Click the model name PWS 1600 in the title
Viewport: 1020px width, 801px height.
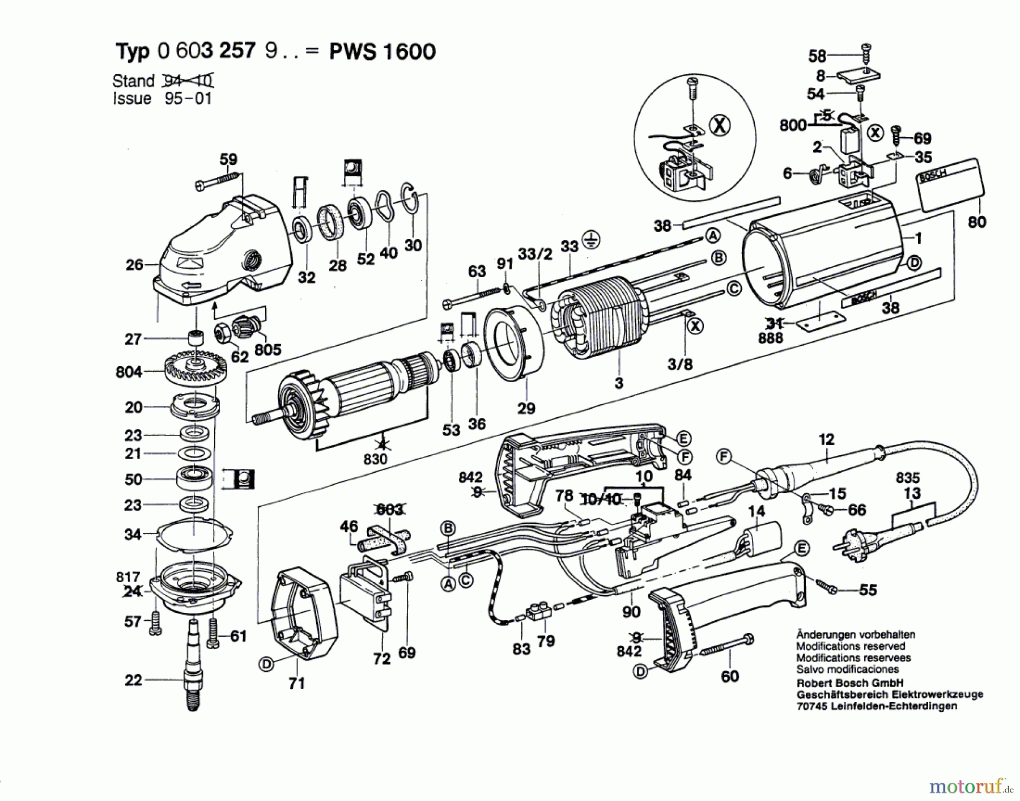tap(382, 52)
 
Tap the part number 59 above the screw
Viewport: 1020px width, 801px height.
tap(228, 160)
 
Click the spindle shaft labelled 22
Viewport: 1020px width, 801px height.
tap(193, 669)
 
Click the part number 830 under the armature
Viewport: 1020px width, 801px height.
tap(375, 459)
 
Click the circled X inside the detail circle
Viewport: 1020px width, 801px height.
tap(720, 125)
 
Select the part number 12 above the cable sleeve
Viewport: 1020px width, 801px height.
tap(826, 439)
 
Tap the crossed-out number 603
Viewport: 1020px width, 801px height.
tap(389, 510)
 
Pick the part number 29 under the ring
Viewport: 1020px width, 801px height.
tap(526, 408)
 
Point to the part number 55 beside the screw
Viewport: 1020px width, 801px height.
tap(868, 590)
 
